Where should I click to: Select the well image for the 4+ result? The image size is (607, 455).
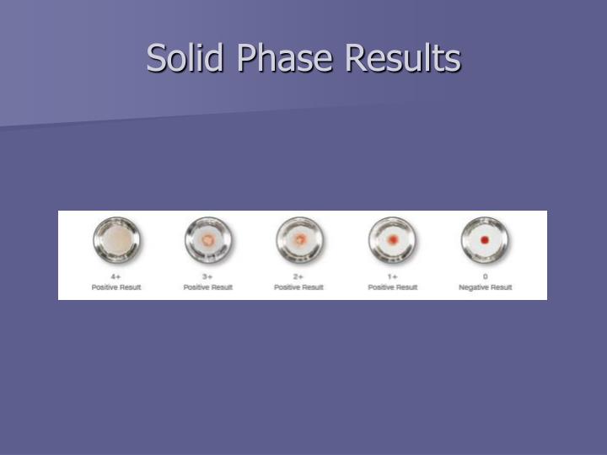pyautogui.click(x=116, y=240)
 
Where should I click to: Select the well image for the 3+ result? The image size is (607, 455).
pyautogui.click(x=208, y=240)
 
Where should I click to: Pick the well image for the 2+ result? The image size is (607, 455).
pyautogui.click(x=299, y=240)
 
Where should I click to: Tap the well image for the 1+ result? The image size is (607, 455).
pyautogui.click(x=392, y=240)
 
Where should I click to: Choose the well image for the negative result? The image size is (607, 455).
pyautogui.click(x=485, y=240)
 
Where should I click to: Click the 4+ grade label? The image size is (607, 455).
pyautogui.click(x=116, y=276)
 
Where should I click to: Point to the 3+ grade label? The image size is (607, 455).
pyautogui.click(x=208, y=276)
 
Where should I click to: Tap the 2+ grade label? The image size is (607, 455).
pyautogui.click(x=299, y=276)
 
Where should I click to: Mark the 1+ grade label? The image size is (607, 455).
pyautogui.click(x=392, y=276)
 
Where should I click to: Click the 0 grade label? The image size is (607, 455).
pyautogui.click(x=485, y=276)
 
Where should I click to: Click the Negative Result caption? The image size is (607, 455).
pyautogui.click(x=485, y=287)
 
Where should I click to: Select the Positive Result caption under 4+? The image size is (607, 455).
pyautogui.click(x=116, y=287)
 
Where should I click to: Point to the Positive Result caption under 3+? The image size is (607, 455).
pyautogui.click(x=208, y=287)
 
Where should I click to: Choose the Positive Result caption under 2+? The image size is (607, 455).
pyautogui.click(x=299, y=287)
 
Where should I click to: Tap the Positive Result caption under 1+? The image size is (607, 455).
pyautogui.click(x=392, y=287)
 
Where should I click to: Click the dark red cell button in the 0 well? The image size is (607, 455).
pyautogui.click(x=485, y=240)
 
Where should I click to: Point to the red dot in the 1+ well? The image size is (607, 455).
pyautogui.click(x=392, y=241)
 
